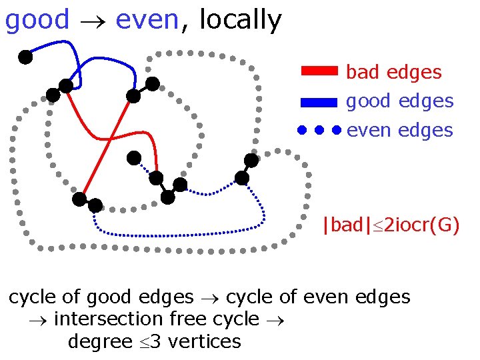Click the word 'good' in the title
click(x=37, y=21)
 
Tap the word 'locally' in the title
click(x=240, y=21)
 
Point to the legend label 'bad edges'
click(x=393, y=72)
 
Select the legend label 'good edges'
click(x=399, y=101)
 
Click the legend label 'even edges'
click(x=399, y=130)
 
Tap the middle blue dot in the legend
click(x=319, y=130)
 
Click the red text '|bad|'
click(x=343, y=225)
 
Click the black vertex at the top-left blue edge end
click(x=25, y=57)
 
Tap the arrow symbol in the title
click(x=92, y=22)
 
